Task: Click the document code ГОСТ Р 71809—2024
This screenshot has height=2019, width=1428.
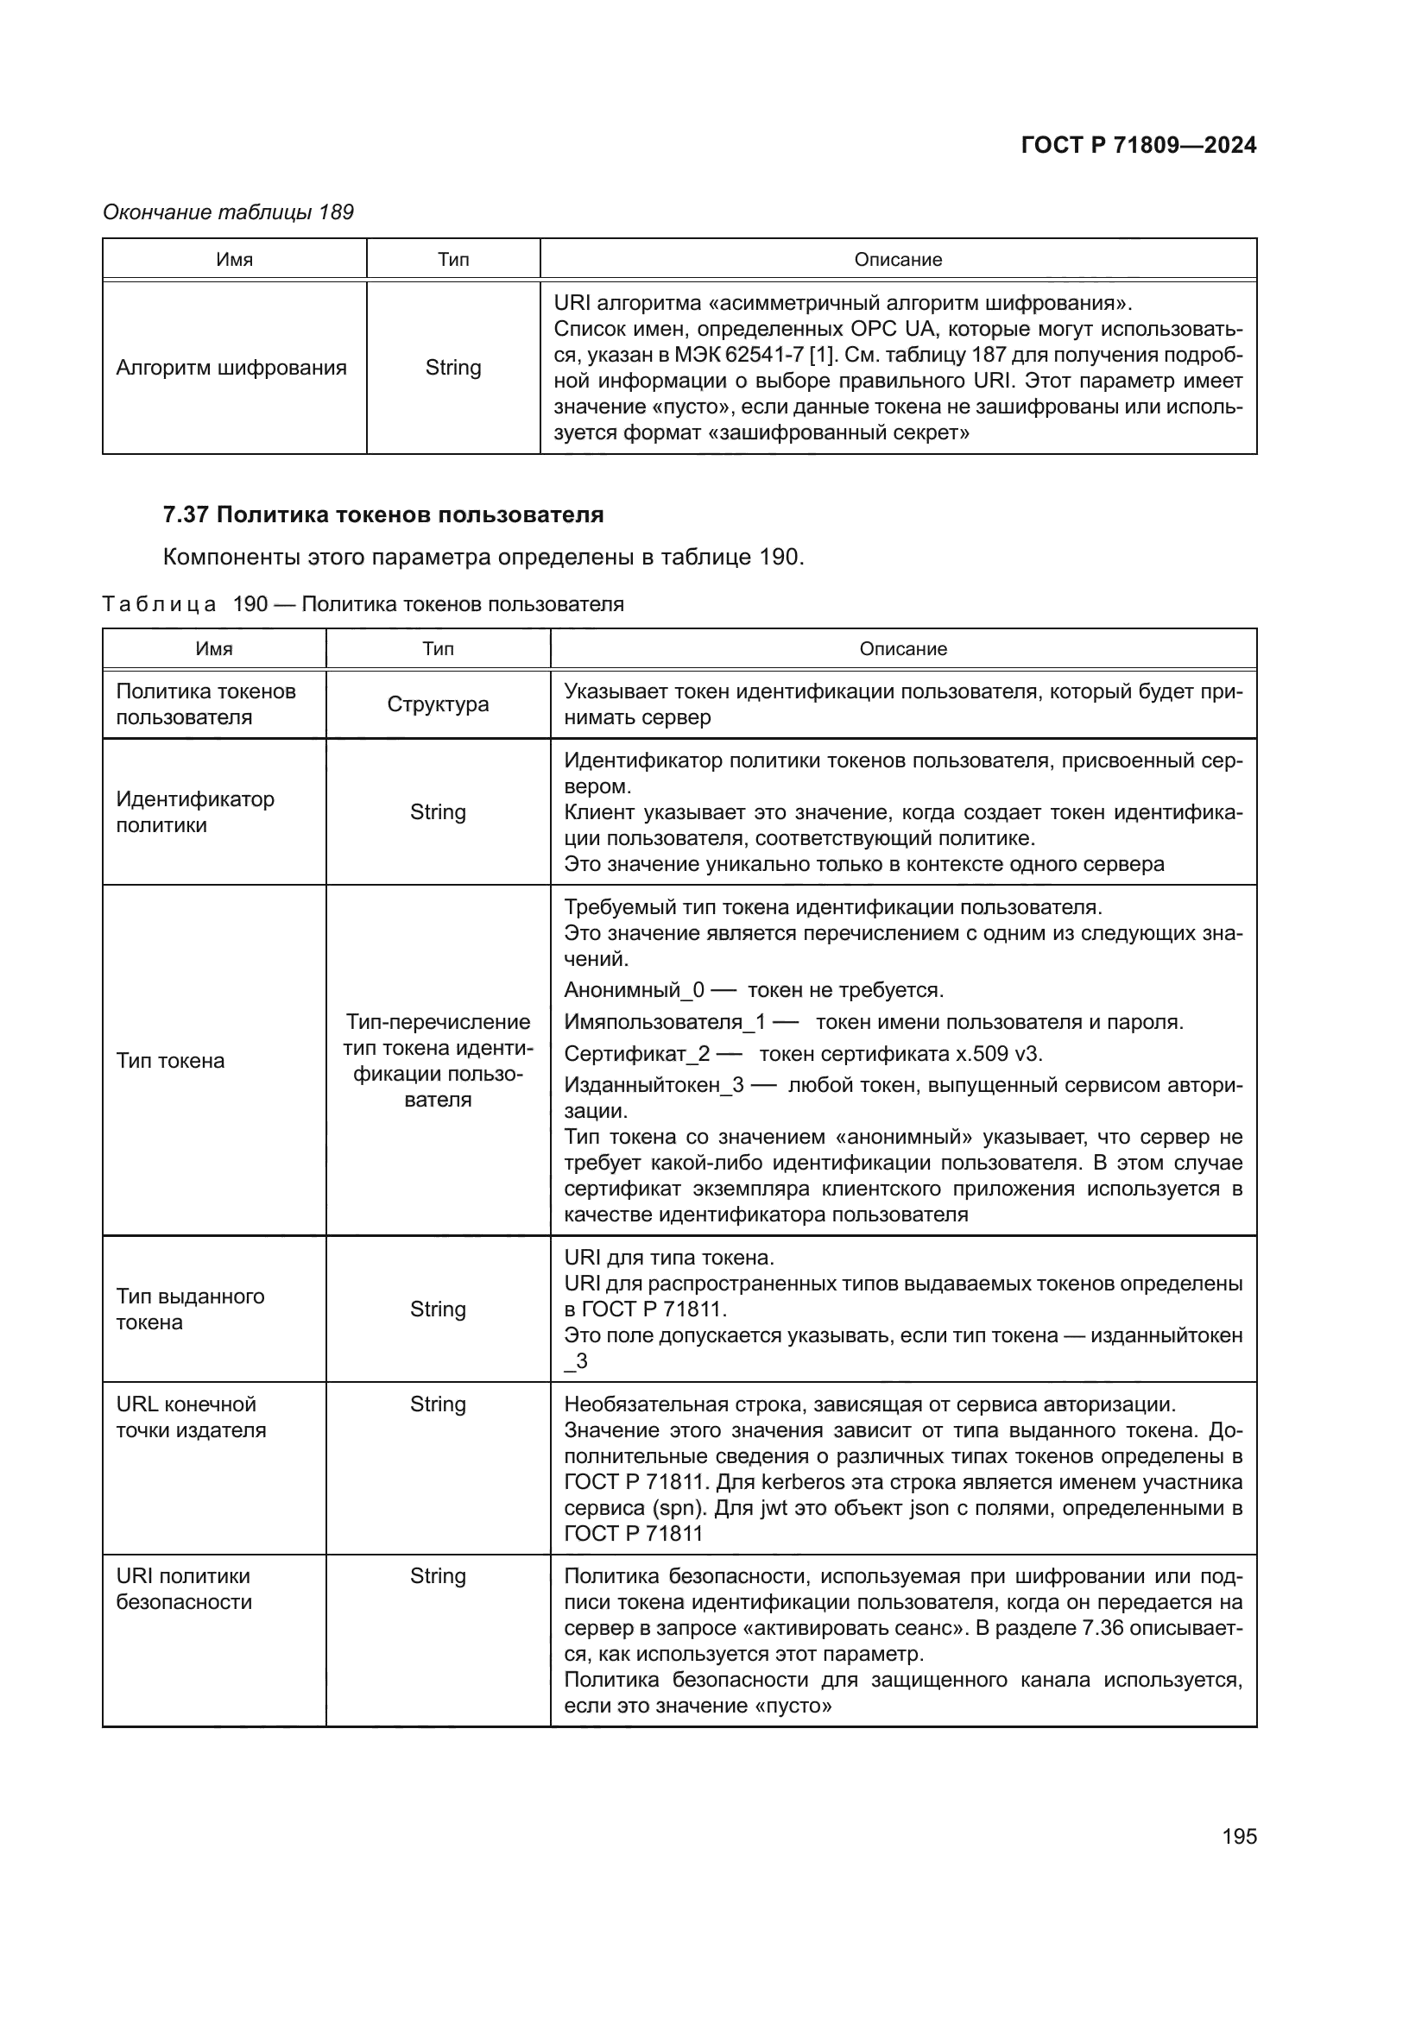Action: [x=1138, y=146]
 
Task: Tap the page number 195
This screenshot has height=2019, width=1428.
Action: [x=1239, y=1836]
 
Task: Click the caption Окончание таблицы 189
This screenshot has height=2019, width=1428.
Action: [x=228, y=212]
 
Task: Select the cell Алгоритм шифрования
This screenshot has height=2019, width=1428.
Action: [x=231, y=368]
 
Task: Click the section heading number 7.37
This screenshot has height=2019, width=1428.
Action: [x=186, y=515]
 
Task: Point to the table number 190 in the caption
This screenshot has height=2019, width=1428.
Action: [x=250, y=604]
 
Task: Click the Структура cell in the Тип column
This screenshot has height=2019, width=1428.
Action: [x=438, y=704]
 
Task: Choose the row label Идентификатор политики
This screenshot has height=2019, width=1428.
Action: [x=195, y=811]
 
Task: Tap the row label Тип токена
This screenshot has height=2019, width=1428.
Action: [x=171, y=1061]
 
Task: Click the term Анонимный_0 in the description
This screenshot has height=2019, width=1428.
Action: [x=634, y=990]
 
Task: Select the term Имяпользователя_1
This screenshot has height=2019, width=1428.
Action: [x=665, y=1022]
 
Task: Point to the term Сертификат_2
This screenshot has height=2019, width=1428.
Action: [x=636, y=1053]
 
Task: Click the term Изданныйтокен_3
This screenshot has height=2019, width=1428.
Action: [x=654, y=1085]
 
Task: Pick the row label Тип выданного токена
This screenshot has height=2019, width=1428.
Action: [x=190, y=1309]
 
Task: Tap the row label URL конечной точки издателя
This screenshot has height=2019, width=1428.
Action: [x=191, y=1416]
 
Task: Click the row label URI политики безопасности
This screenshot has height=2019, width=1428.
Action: [x=184, y=1588]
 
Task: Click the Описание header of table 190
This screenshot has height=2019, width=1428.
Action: [x=903, y=649]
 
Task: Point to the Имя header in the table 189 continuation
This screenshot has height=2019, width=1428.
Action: [x=234, y=260]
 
